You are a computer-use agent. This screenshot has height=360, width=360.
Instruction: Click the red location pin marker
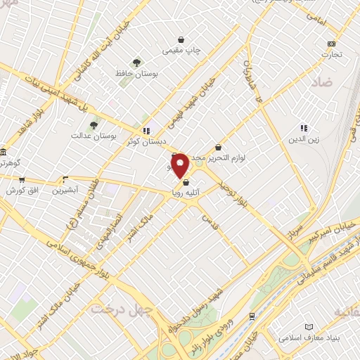[x=180, y=165]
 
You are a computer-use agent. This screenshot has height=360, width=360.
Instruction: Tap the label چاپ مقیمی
[x=182, y=51]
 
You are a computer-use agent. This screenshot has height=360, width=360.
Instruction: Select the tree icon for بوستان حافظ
[x=135, y=62]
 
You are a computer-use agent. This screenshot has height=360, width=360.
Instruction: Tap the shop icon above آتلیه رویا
[x=186, y=183]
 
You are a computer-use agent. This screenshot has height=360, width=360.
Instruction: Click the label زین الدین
[x=303, y=139]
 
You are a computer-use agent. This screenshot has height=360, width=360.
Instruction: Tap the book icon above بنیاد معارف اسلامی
[x=308, y=327]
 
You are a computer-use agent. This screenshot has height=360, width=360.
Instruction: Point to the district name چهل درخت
[x=117, y=309]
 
